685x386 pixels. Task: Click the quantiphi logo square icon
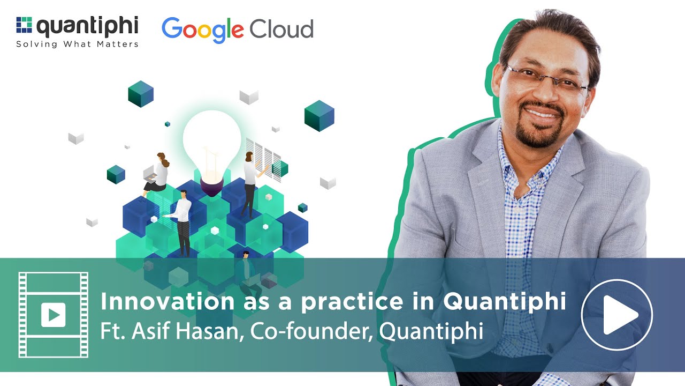pyautogui.click(x=24, y=25)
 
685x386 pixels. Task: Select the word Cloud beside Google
pyautogui.click(x=281, y=28)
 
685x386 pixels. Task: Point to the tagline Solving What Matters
pyautogui.click(x=77, y=44)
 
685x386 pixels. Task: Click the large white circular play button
pyautogui.click(x=616, y=315)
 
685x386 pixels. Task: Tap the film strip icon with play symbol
pyautogui.click(x=54, y=315)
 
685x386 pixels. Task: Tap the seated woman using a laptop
pyautogui.click(x=157, y=173)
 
